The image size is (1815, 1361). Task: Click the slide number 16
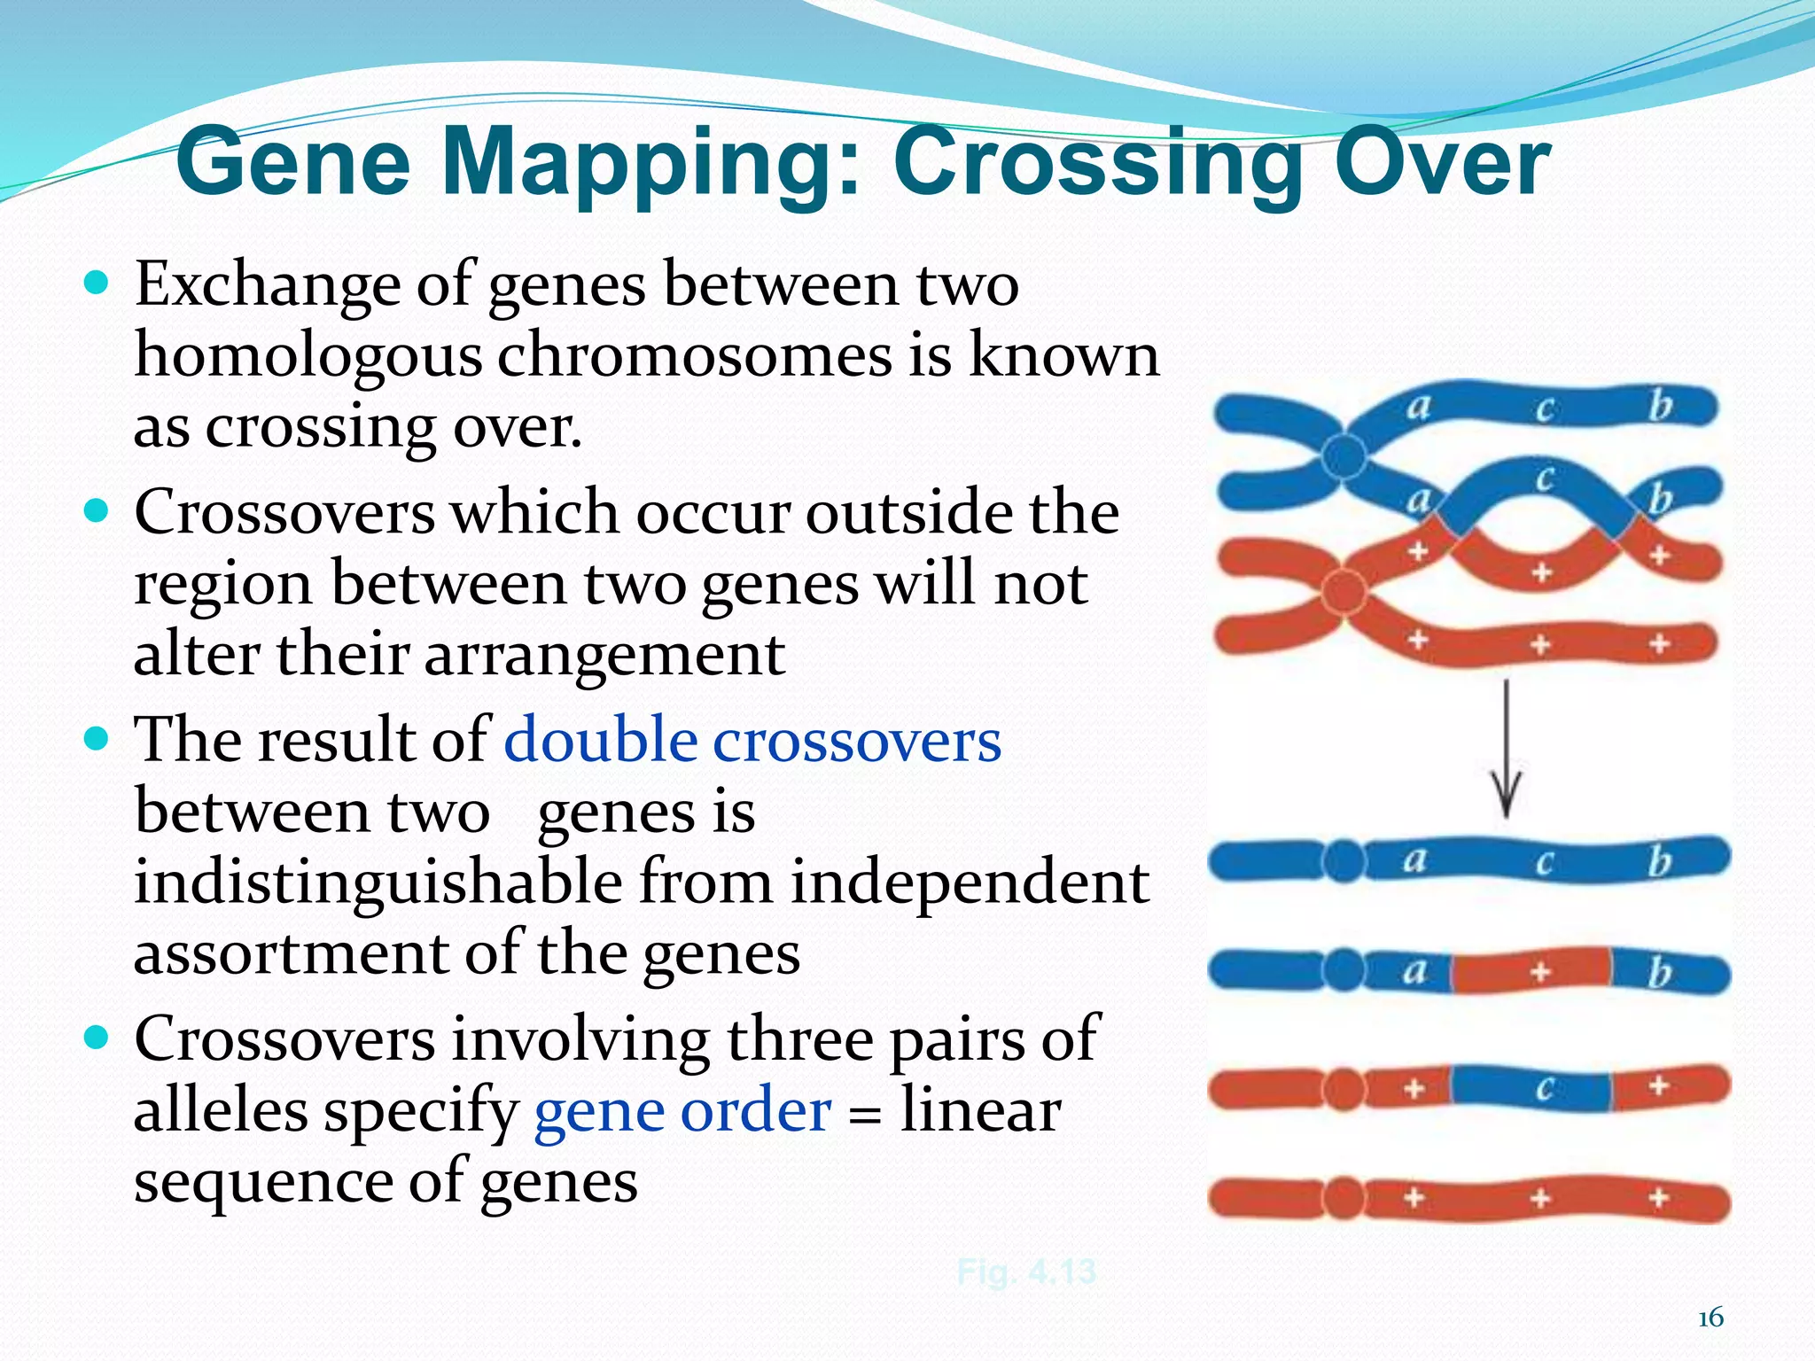(1710, 1318)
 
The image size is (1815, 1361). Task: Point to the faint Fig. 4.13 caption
(1026, 1272)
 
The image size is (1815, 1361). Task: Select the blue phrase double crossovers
(752, 741)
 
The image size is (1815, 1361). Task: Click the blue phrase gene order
(682, 1110)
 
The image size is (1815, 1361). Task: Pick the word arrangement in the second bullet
(604, 655)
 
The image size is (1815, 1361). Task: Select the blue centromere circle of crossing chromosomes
(1344, 456)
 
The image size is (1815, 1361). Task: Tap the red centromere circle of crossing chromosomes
(1344, 591)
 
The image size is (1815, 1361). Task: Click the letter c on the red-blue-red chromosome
(1544, 1087)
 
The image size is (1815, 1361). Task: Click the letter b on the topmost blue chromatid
(1659, 406)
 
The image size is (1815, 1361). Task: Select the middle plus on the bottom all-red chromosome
(1541, 1199)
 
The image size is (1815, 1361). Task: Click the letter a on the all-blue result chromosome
(1414, 859)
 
